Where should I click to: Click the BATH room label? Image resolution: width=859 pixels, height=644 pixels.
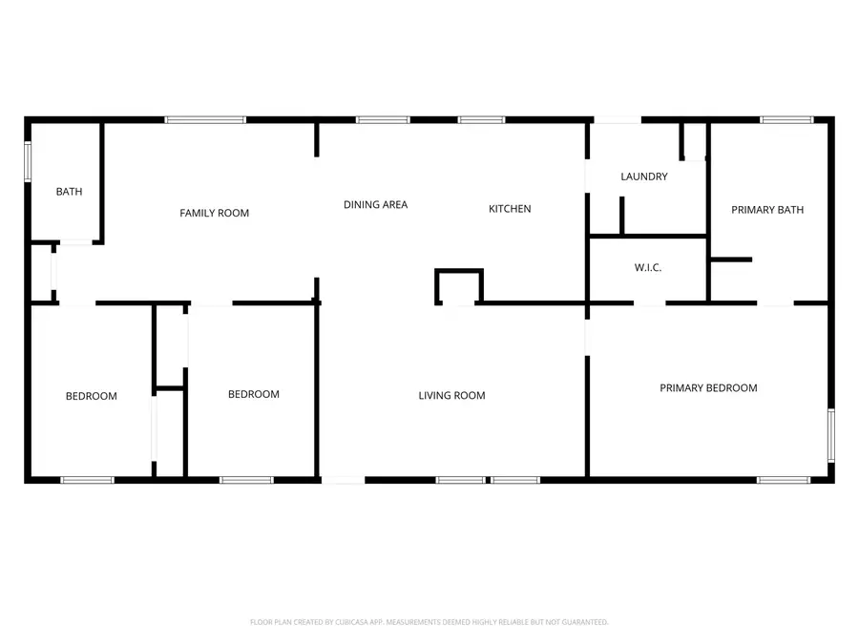(x=69, y=192)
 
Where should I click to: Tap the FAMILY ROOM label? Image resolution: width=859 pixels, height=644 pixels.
(x=215, y=213)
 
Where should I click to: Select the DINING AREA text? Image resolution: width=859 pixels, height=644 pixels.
(x=376, y=204)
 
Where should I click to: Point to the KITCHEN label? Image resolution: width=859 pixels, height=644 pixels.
(x=510, y=209)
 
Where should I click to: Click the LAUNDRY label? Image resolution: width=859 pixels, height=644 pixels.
(x=644, y=177)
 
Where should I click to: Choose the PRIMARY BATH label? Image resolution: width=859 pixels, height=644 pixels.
(x=767, y=210)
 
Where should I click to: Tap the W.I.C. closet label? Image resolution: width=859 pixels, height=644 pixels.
(x=648, y=268)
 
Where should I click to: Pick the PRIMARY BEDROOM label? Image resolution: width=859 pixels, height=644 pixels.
(x=709, y=388)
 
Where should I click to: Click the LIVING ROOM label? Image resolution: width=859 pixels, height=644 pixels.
(x=452, y=395)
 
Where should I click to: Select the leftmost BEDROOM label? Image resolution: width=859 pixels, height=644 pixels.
(x=92, y=396)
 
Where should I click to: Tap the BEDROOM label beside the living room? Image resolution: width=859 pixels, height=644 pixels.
(x=254, y=394)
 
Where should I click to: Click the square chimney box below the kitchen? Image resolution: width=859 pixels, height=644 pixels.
(x=459, y=285)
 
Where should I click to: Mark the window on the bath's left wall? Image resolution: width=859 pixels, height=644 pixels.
(x=28, y=161)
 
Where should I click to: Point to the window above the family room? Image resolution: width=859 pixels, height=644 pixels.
(x=205, y=120)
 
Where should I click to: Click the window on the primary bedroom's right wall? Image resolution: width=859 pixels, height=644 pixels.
(x=830, y=435)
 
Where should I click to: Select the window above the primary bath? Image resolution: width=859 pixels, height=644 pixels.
(x=786, y=120)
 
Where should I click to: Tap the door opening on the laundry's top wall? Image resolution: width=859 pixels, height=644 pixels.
(x=617, y=120)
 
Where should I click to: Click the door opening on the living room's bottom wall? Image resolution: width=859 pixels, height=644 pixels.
(x=344, y=480)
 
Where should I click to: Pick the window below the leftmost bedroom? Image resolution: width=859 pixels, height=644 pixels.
(x=88, y=480)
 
